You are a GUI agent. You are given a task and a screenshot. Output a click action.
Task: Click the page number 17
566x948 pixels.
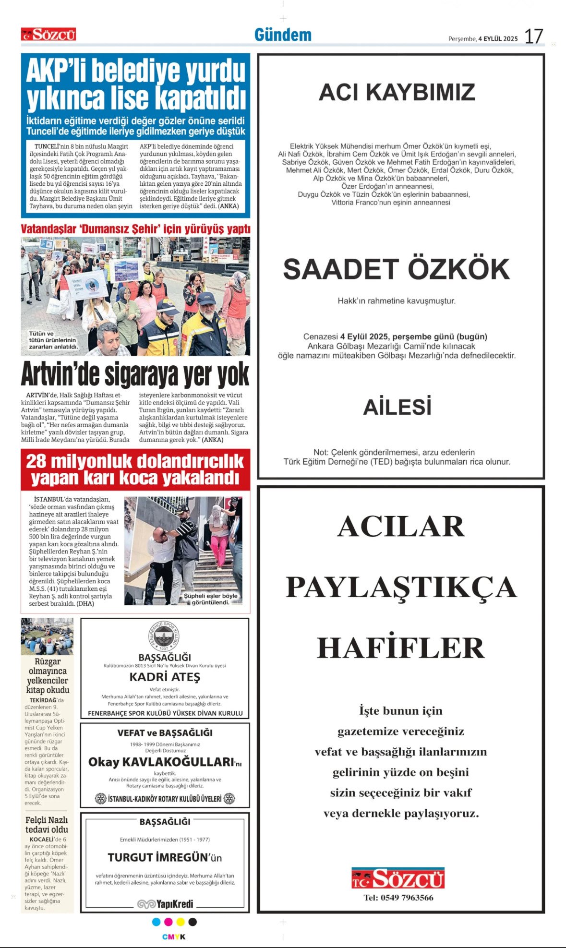[x=533, y=36]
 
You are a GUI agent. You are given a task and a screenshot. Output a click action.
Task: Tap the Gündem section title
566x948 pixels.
[x=283, y=35]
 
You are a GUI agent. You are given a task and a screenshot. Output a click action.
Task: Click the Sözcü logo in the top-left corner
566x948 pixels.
[x=48, y=35]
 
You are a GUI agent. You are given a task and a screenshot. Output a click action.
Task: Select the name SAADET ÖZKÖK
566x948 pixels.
[x=397, y=269]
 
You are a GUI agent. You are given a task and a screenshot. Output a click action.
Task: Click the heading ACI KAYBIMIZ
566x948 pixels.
[x=397, y=92]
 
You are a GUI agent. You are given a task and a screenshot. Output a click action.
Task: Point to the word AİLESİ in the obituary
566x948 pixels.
[x=397, y=407]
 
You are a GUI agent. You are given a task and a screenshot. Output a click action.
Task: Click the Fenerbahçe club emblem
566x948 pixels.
[x=165, y=636]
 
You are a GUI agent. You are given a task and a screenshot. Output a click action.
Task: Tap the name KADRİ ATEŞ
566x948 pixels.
[x=165, y=677]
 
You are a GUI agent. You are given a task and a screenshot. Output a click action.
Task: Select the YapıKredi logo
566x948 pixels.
[x=165, y=904]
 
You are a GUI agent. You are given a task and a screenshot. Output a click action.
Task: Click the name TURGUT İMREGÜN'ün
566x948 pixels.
[x=165, y=858]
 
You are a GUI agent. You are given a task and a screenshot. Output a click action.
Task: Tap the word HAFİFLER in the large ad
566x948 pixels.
[x=401, y=648]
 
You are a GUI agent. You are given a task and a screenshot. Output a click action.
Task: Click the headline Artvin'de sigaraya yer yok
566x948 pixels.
[x=135, y=374]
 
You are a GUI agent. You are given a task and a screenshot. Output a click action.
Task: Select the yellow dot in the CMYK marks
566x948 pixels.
[x=181, y=922]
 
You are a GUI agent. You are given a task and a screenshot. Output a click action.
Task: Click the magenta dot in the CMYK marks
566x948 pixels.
[x=169, y=922]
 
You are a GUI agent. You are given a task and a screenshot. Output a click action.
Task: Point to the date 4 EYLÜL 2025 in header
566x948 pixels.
[x=498, y=39]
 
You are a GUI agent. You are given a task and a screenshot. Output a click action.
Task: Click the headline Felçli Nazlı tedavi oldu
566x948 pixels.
[x=47, y=825]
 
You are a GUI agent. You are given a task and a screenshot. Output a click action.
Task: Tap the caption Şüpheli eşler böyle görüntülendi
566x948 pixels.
[x=210, y=599]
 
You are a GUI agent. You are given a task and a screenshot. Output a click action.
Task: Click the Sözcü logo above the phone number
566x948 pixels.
[x=398, y=878]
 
